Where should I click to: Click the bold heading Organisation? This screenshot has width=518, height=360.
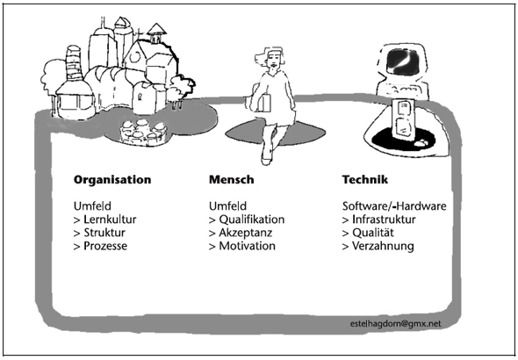point(112,180)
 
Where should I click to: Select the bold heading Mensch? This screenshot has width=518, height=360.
point(232,180)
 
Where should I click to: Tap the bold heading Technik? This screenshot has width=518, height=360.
point(365,180)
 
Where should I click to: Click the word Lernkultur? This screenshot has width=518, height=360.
point(110,220)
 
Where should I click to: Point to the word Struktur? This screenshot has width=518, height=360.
point(104,233)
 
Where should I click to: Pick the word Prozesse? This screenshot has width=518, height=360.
point(105,246)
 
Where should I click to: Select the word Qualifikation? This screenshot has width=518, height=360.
point(252,220)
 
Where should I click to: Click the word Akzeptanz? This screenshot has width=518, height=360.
point(246,234)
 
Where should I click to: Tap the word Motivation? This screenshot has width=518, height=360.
point(247,246)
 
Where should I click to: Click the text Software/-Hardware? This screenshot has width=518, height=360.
point(394,206)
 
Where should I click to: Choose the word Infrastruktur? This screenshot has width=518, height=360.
point(384,220)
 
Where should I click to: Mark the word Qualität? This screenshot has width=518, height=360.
point(373,233)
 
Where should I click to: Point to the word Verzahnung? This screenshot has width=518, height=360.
point(383,247)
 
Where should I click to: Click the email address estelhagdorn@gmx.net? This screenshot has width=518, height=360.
point(395,324)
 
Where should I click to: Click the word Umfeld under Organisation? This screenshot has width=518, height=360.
point(92,206)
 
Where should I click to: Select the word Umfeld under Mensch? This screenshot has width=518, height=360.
point(227,206)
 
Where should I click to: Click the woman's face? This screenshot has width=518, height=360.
point(274,60)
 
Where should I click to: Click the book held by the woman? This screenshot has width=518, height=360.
point(265,103)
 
